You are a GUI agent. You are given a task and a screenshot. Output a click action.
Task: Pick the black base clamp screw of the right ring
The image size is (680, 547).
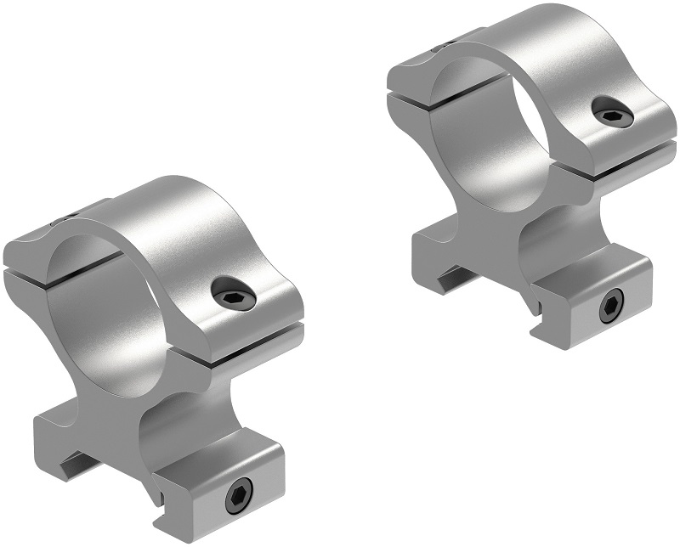point(610,307)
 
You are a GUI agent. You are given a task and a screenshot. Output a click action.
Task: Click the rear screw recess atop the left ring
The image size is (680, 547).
point(64,223)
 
